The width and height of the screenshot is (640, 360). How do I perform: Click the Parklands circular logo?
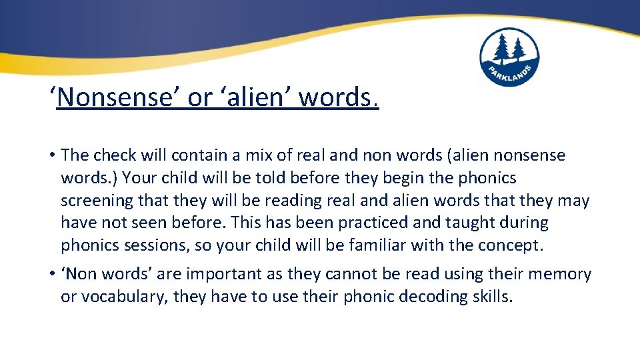point(509,57)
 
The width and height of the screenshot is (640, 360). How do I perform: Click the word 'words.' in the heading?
point(339,98)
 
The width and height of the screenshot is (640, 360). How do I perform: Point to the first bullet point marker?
point(51,156)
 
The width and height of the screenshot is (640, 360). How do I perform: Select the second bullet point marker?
point(51,275)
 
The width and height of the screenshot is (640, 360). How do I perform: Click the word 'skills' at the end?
point(492,297)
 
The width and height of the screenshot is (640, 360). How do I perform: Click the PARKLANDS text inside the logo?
point(509,74)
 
